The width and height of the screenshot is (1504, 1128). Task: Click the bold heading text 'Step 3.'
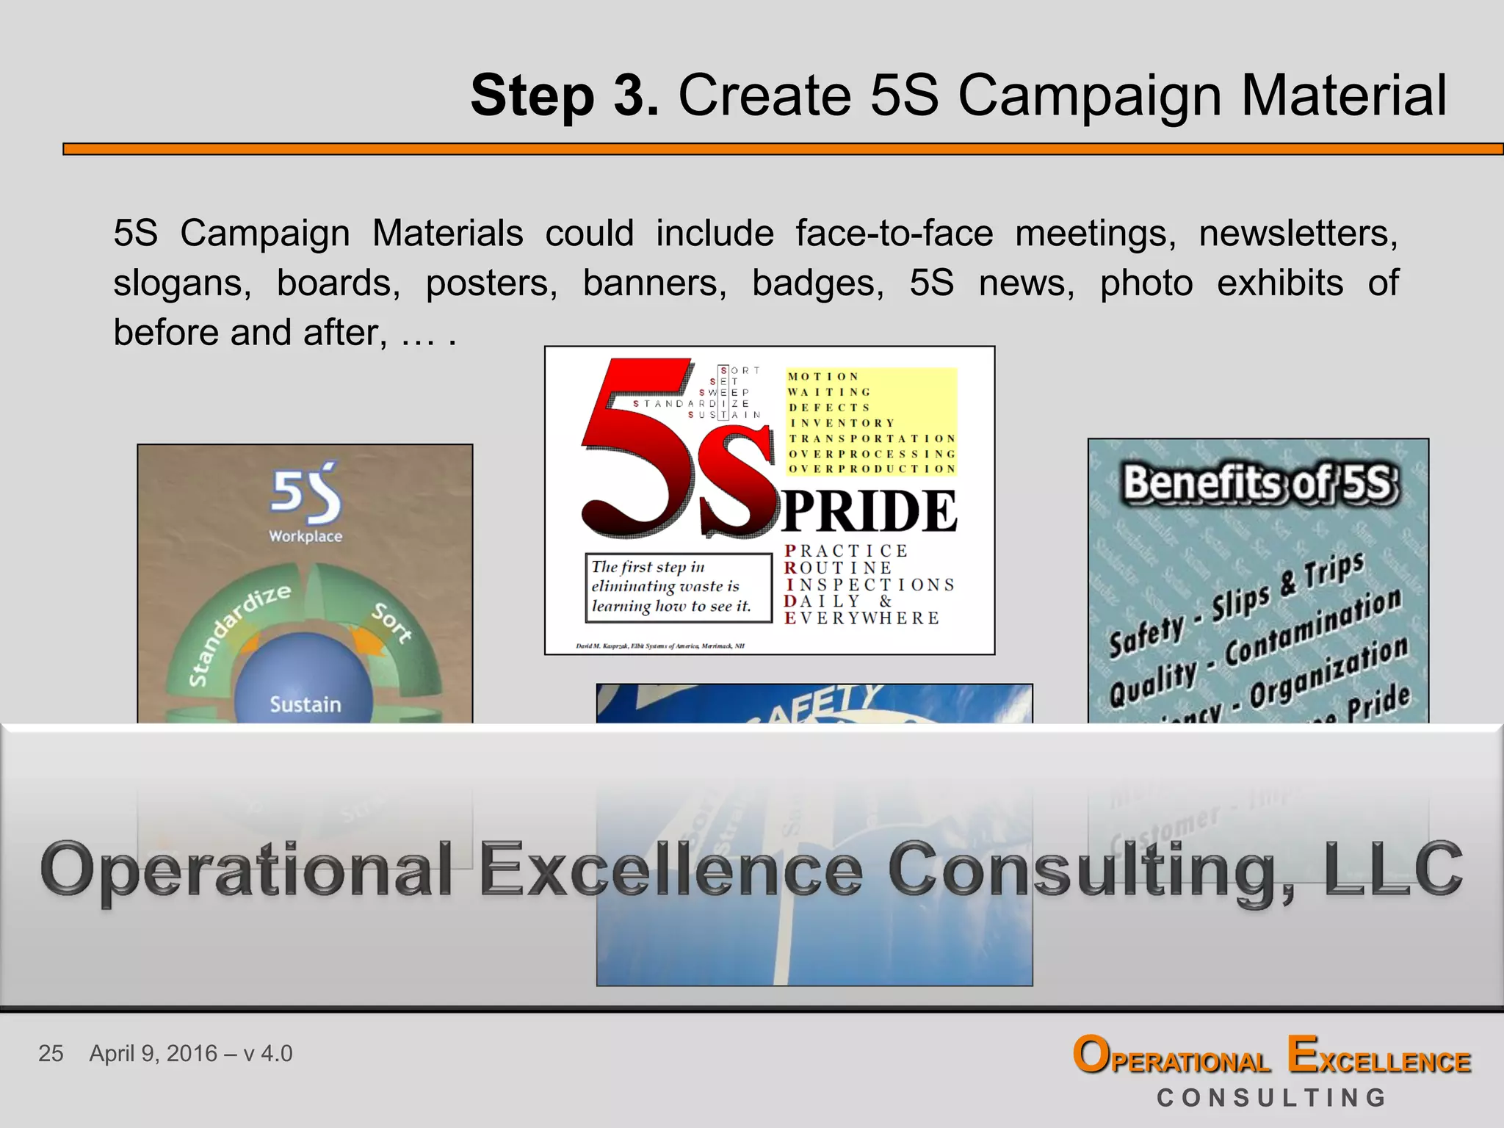(x=564, y=95)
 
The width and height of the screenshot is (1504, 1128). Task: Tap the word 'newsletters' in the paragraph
(x=1298, y=234)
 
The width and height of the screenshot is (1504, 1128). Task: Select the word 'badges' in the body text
(x=817, y=283)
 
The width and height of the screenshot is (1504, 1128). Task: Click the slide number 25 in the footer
(x=51, y=1053)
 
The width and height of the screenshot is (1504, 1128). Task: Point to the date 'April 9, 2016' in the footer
(x=153, y=1053)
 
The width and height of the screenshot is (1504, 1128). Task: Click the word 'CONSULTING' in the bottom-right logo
(x=1272, y=1098)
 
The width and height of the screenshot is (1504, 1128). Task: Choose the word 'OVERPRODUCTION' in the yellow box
(x=872, y=469)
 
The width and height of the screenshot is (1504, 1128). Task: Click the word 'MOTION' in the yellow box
(x=822, y=377)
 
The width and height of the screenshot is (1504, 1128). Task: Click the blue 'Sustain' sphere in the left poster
(x=304, y=694)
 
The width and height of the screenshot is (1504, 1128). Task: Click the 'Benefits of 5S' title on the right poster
(x=1258, y=484)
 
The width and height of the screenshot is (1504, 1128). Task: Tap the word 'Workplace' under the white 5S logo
(x=305, y=536)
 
